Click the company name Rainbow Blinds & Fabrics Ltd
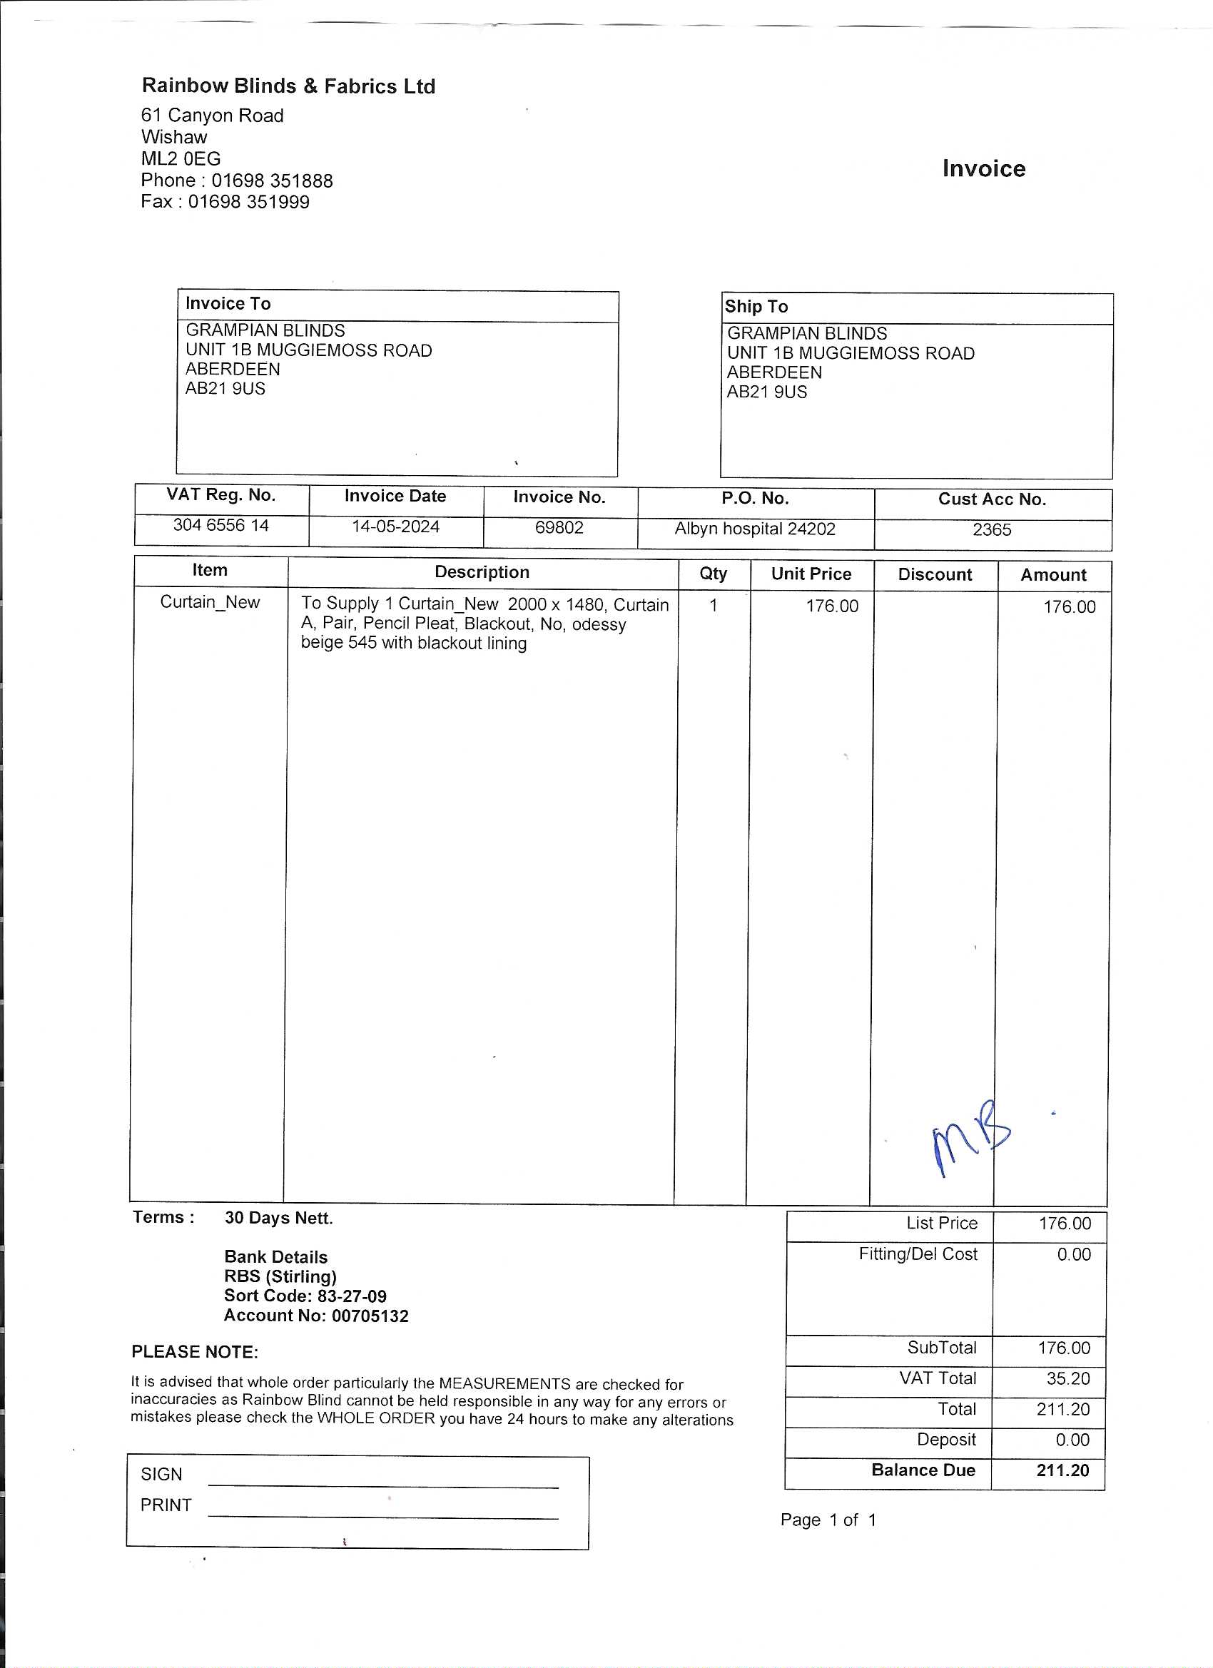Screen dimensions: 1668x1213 pos(288,86)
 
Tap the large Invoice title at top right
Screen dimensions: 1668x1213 pos(983,168)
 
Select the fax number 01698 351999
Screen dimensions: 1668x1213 pos(248,201)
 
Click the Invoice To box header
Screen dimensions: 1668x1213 pos(228,304)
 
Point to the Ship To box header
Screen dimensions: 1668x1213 pos(756,307)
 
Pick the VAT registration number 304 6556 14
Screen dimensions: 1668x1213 pos(220,525)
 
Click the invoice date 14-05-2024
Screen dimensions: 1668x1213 pos(396,527)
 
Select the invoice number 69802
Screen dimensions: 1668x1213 pos(559,527)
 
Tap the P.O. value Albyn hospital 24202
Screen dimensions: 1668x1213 pos(755,529)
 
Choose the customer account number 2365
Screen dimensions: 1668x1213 pos(992,529)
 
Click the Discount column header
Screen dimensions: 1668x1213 pos(935,574)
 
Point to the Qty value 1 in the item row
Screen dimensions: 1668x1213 pos(713,605)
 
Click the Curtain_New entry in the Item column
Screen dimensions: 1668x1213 pos(210,602)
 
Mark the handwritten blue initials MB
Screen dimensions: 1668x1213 pos(970,1137)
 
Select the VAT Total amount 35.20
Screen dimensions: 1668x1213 pos(1067,1378)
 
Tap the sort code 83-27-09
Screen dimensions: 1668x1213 pos(352,1296)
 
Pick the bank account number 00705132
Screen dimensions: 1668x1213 pos(370,1316)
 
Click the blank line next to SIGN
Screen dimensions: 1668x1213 pos(383,1481)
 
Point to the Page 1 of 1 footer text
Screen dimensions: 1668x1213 pos(828,1520)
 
